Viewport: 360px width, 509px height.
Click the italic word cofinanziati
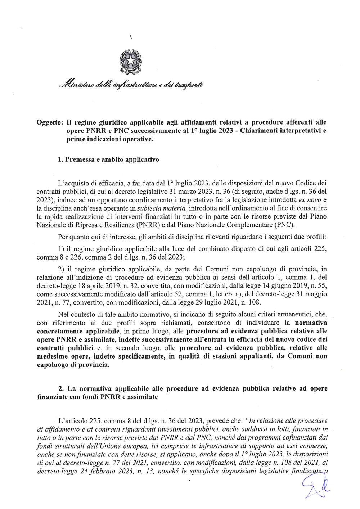click(x=302, y=437)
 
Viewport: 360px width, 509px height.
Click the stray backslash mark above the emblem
click(x=130, y=37)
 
